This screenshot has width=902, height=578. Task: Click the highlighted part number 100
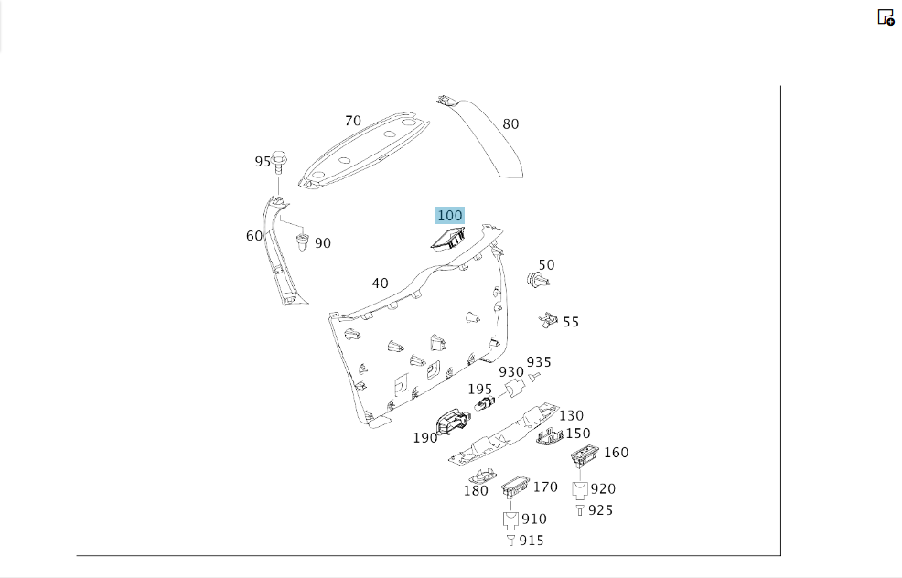(449, 216)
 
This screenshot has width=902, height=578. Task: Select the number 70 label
(352, 121)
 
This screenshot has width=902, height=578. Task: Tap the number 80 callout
(510, 124)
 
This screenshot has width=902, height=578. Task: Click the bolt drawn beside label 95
(279, 162)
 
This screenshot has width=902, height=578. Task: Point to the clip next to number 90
(302, 241)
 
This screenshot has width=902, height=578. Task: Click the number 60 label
(253, 236)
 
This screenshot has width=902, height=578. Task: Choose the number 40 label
(380, 284)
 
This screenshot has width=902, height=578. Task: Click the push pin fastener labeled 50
(538, 281)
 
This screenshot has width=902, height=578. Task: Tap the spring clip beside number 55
(548, 320)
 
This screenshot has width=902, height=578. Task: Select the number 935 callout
(539, 362)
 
